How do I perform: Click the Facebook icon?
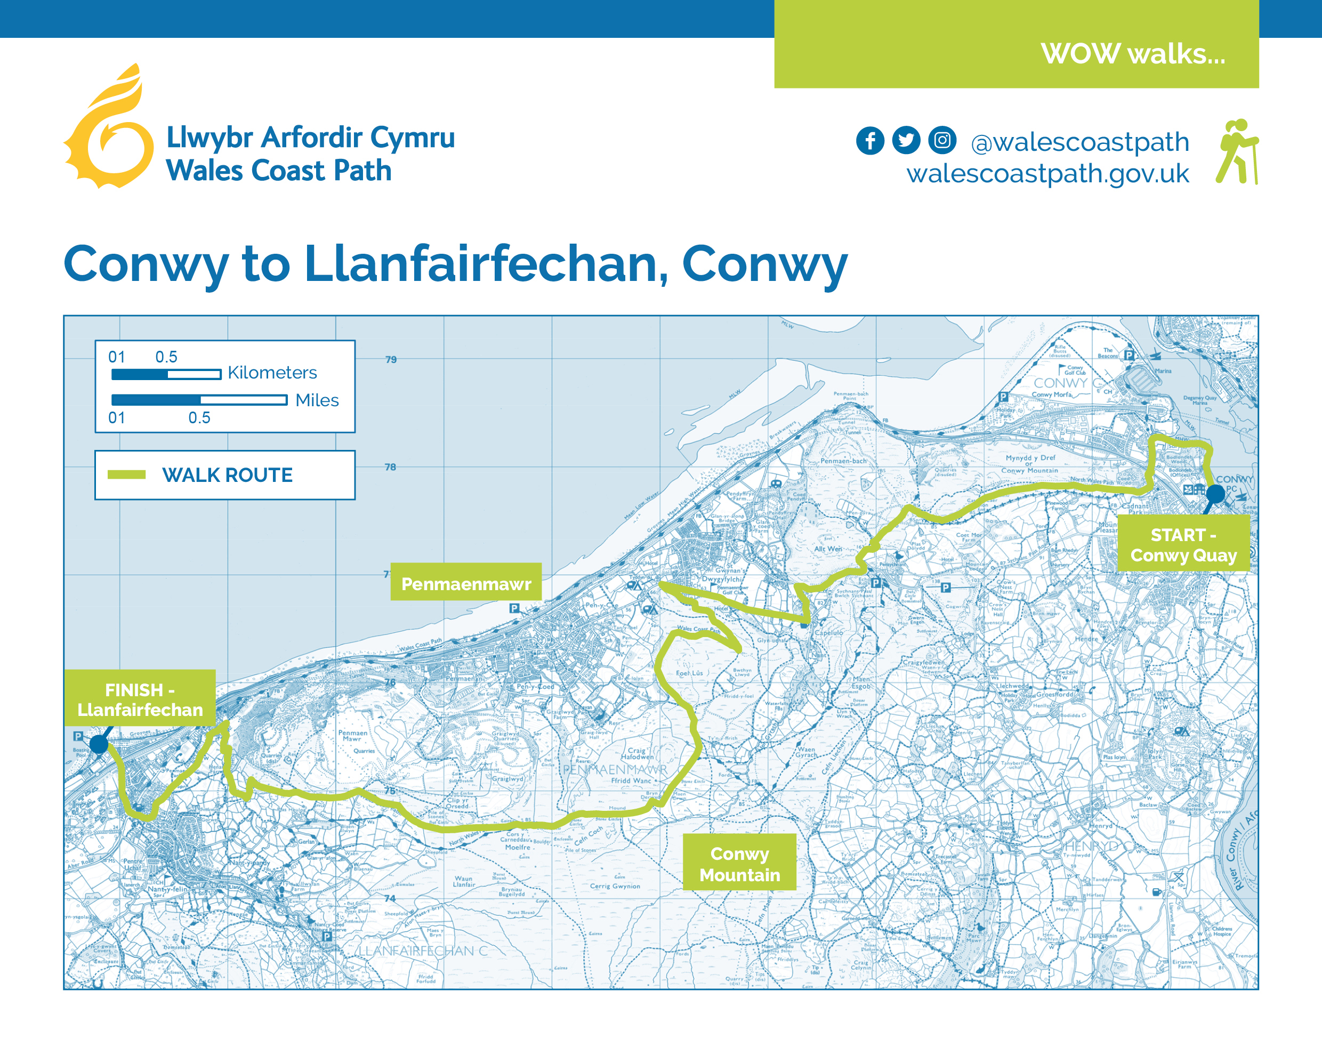870,141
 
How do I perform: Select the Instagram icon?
942,140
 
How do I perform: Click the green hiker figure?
1237,151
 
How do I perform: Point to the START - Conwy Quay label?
1183,544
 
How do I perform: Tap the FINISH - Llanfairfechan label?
140,699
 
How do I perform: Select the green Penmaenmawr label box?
466,583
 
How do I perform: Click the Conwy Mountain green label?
739,864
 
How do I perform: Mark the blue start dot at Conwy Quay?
1215,493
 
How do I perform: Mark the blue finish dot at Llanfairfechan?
99,744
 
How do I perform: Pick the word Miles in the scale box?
317,400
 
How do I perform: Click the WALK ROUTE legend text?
227,475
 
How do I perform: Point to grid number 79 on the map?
391,359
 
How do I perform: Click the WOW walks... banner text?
1133,54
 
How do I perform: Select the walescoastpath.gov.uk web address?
1047,174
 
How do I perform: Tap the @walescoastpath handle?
1080,142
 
